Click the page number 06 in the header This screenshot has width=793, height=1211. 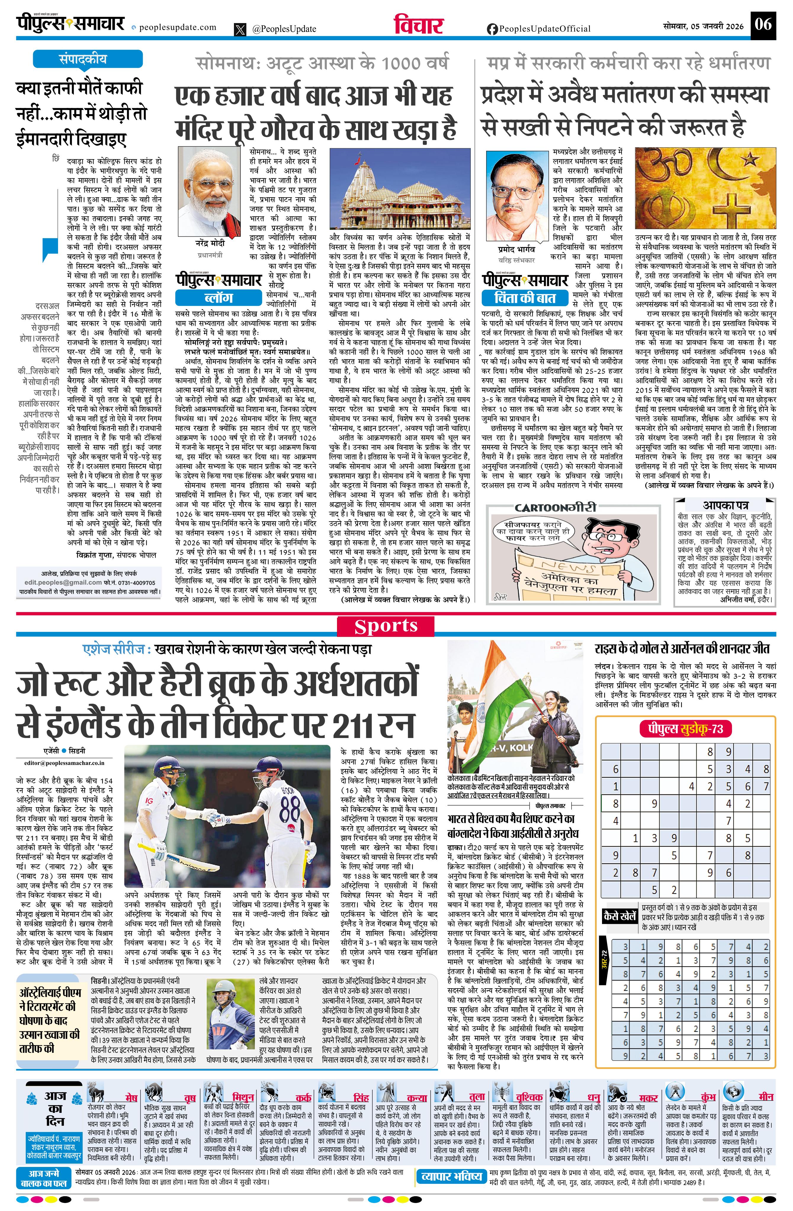point(763,24)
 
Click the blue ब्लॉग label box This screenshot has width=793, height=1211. point(219,297)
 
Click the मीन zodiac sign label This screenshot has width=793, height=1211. point(765,1097)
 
